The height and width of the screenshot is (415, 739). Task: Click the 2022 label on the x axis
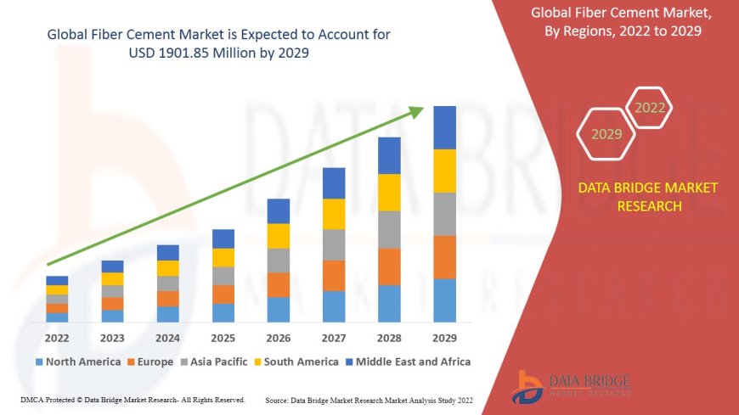(x=57, y=337)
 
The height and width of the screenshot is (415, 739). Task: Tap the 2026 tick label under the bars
(x=279, y=337)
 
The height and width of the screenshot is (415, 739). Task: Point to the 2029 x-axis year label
(x=444, y=337)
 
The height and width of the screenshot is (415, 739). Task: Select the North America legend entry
(x=78, y=362)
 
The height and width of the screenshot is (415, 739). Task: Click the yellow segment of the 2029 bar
(x=444, y=171)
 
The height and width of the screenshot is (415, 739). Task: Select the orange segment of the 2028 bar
(x=389, y=266)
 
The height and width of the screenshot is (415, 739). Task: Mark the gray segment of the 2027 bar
(x=334, y=244)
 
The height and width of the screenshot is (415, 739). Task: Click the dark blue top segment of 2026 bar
(x=279, y=211)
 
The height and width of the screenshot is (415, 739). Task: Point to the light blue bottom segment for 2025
(x=223, y=313)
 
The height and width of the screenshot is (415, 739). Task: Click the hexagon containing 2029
(x=606, y=134)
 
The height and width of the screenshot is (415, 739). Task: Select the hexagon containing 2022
(x=650, y=108)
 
